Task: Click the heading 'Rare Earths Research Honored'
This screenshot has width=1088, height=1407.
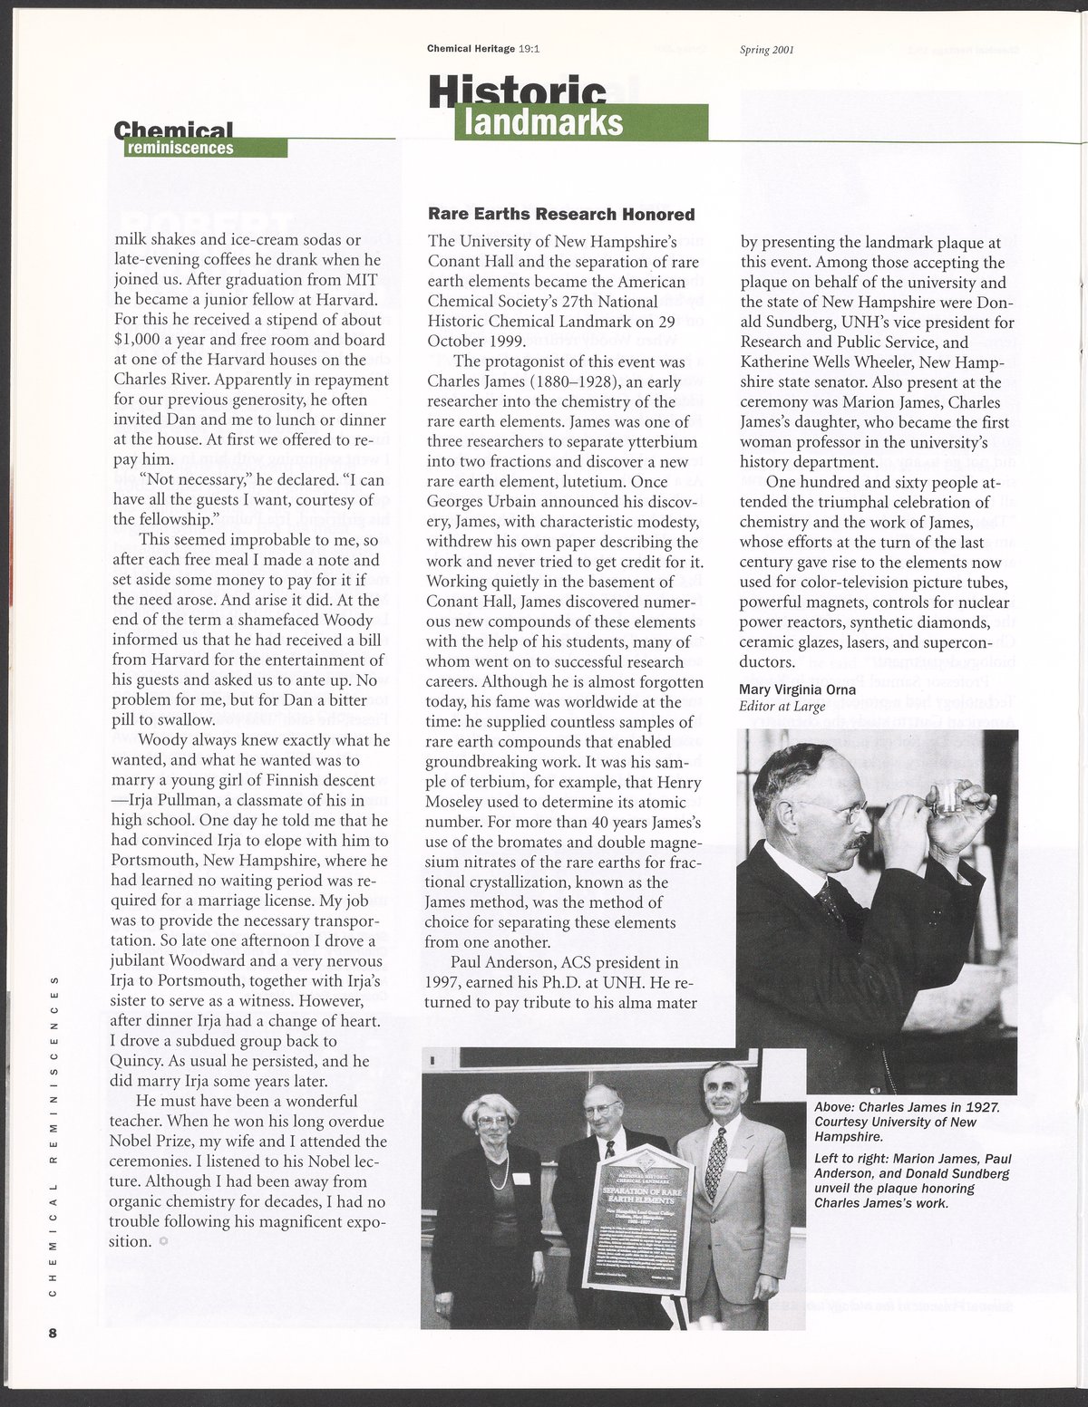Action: coord(561,215)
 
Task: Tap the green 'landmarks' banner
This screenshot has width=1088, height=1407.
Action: coord(580,122)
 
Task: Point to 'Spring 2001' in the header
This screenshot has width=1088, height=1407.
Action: coord(767,50)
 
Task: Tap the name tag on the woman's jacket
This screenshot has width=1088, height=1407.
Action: coord(520,1178)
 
